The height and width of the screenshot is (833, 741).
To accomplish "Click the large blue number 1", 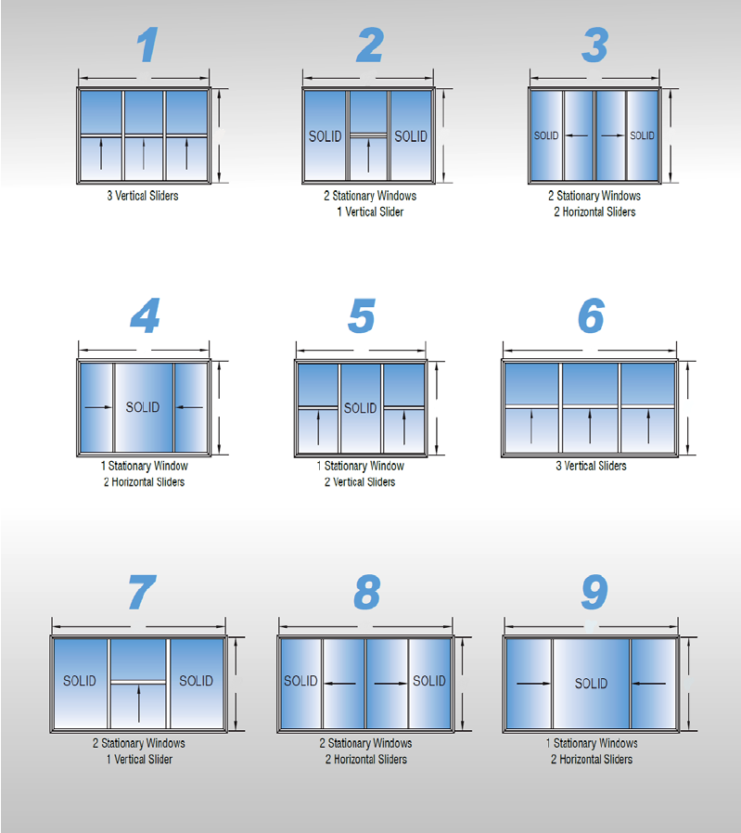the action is [x=147, y=45].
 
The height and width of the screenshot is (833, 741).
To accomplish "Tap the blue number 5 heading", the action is [x=362, y=315].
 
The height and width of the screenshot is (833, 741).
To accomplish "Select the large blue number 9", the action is [x=594, y=592].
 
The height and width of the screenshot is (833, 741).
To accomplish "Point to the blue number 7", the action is [x=142, y=592].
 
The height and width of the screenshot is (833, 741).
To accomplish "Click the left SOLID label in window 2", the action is [x=326, y=136].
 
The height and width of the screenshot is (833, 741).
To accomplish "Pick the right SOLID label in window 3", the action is [x=642, y=135].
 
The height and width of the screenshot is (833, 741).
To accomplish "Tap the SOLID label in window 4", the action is [x=142, y=407].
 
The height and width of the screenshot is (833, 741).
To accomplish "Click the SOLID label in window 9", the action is [x=591, y=683].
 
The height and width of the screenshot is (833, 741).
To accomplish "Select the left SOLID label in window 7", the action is [x=80, y=681].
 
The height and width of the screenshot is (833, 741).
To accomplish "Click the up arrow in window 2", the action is [x=368, y=155].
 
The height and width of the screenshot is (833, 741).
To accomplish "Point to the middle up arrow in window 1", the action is [x=144, y=154].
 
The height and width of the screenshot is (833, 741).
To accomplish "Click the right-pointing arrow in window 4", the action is [x=98, y=407].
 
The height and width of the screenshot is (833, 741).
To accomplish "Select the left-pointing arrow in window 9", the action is [x=648, y=683].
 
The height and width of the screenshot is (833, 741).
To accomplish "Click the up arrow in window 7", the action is [x=138, y=704].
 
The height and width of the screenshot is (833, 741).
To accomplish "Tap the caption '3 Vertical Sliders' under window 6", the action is [x=591, y=466].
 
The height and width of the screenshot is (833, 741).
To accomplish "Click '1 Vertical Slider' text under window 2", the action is [x=370, y=212].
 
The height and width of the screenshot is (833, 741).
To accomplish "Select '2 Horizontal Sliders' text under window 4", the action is [x=144, y=481].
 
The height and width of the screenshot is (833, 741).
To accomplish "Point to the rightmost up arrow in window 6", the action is [x=648, y=427].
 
